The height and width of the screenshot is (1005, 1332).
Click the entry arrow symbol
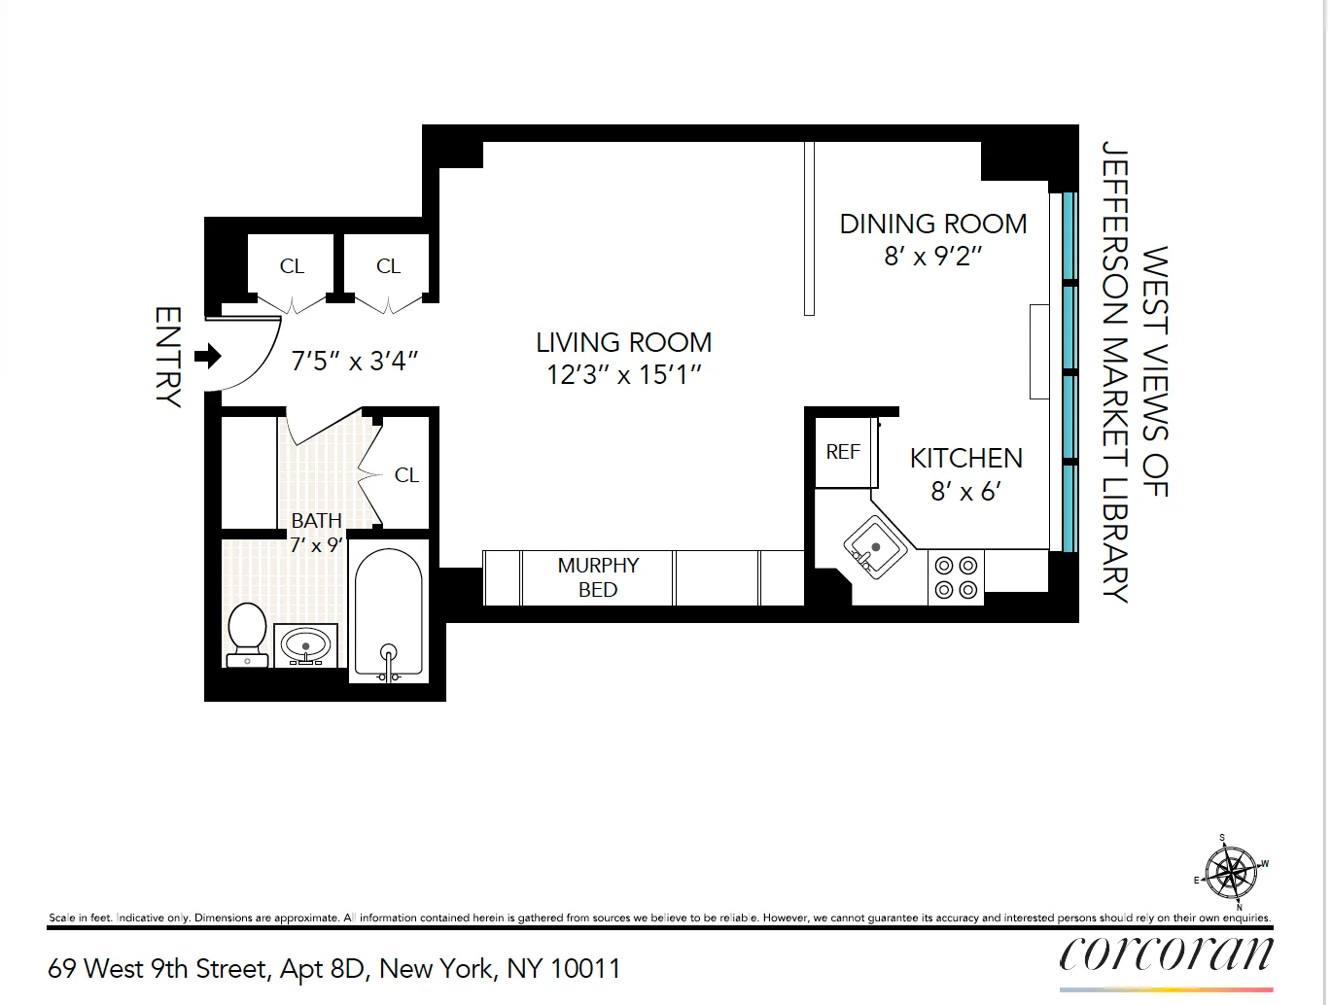[208, 357]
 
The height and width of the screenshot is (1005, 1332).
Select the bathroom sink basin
[306, 644]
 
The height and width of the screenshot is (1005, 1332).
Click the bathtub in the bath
[388, 612]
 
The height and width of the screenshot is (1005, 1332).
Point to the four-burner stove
[955, 577]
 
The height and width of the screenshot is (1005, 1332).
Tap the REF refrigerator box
[843, 452]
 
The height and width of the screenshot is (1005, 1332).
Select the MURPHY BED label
[598, 577]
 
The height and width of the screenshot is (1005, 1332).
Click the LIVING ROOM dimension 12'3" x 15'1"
[623, 374]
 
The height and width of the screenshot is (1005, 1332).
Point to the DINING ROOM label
[932, 225]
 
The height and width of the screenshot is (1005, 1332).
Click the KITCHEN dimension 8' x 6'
[965, 492]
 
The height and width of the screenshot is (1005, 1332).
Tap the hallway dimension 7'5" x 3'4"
[354, 362]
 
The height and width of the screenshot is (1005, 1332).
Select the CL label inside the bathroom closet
[406, 475]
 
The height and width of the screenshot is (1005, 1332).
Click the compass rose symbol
[1231, 871]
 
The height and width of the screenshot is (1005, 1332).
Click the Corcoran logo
[1166, 953]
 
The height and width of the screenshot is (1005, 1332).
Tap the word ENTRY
[168, 357]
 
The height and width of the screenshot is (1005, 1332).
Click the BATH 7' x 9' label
[316, 533]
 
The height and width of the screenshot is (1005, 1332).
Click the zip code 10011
[584, 969]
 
